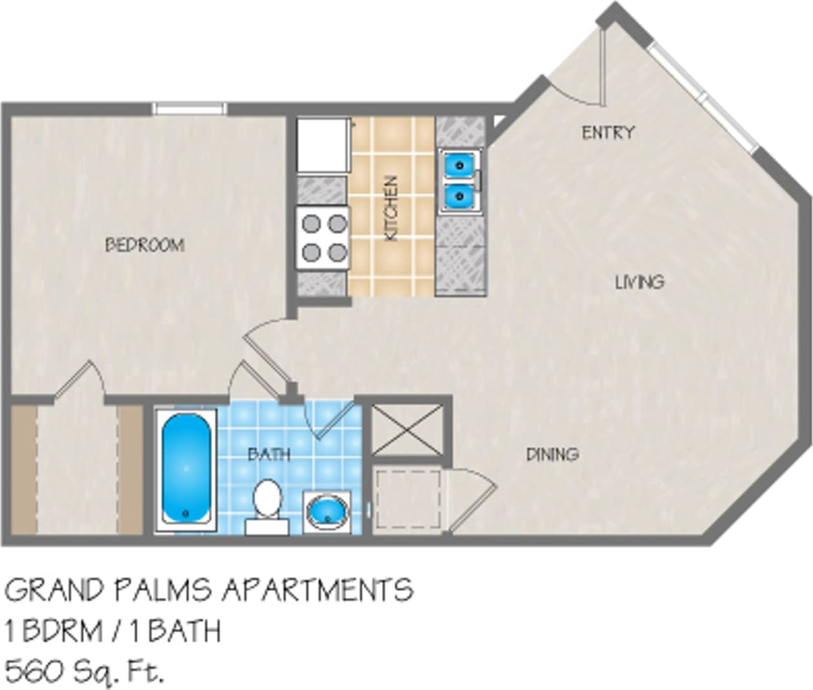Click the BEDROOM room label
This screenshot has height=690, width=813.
(145, 245)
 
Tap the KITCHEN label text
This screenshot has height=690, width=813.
(391, 208)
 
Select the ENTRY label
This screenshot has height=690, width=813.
(608, 133)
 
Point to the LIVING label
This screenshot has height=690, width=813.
(639, 282)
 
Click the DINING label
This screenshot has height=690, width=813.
(552, 455)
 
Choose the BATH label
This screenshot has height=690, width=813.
(269, 455)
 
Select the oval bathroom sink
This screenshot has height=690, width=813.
(326, 511)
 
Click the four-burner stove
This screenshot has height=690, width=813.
(323, 237)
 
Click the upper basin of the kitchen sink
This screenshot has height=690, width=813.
(459, 165)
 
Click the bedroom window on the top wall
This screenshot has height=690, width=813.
(190, 109)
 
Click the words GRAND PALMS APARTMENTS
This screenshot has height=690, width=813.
(209, 590)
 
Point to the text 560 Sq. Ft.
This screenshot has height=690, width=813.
(84, 671)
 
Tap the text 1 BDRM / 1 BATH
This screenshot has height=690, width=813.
(113, 631)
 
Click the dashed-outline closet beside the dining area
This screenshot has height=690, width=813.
(408, 500)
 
